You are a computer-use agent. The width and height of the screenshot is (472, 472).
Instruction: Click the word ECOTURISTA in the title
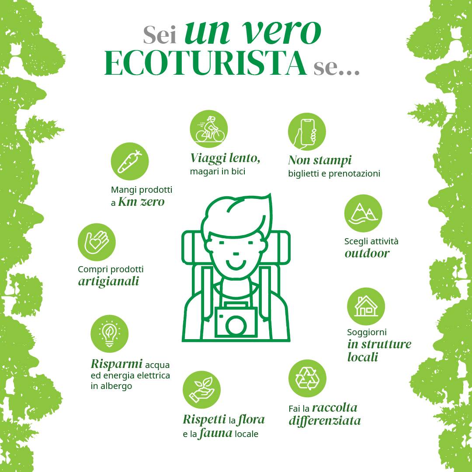(205, 64)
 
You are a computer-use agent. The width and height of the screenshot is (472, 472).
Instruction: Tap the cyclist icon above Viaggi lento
(208, 129)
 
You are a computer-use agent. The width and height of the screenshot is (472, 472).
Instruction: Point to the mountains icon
(363, 213)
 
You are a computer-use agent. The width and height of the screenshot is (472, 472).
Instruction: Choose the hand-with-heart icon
(97, 242)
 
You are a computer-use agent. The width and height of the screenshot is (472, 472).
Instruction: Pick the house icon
(366, 306)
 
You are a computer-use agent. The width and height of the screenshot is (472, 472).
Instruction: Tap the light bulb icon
(109, 333)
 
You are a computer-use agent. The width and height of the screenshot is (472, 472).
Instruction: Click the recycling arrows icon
(307, 378)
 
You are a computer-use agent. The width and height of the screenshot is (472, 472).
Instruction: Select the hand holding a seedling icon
(201, 389)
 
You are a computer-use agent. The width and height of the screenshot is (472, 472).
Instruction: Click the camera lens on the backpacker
(236, 326)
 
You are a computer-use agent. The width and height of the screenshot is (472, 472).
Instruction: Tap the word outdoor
(367, 253)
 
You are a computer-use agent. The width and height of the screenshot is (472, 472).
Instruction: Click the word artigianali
(108, 281)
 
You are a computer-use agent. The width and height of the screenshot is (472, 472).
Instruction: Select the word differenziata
(324, 420)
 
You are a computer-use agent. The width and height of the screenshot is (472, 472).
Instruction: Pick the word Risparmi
(117, 364)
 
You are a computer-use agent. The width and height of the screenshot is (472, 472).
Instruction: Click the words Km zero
(141, 201)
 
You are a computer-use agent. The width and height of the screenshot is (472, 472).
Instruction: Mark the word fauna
(215, 434)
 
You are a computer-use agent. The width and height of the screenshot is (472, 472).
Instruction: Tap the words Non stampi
(319, 160)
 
